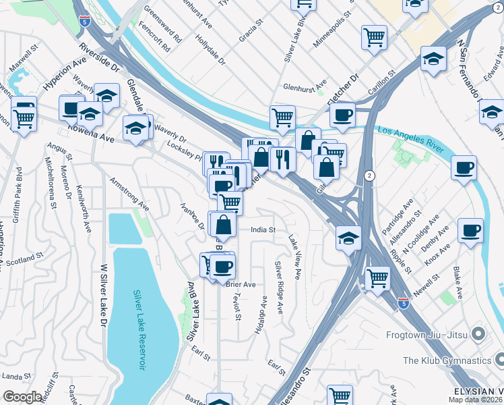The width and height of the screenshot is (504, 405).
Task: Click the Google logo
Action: tap(22, 397)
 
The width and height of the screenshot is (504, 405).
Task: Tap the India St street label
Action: tap(263, 230)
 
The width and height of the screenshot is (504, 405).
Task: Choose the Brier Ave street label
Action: tap(241, 285)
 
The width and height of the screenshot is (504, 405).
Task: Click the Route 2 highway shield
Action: tap(369, 175)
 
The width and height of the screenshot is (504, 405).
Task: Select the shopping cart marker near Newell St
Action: tap(377, 276)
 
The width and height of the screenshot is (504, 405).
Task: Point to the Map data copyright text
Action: tap(476, 400)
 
